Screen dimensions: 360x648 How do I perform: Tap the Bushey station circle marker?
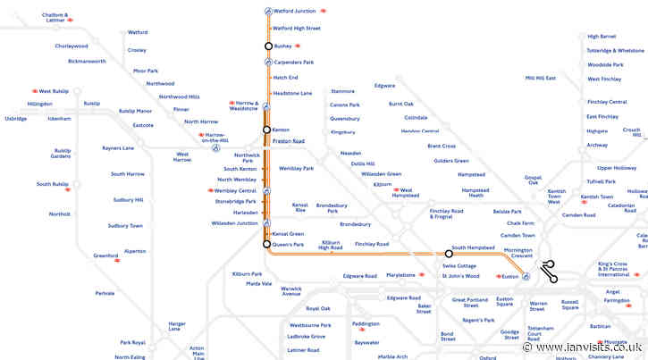point(266,46)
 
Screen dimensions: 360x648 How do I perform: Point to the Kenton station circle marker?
point(266,130)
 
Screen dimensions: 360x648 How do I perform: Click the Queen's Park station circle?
point(266,244)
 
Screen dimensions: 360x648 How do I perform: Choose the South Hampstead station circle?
point(449,254)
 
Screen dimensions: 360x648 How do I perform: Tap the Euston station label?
point(510,277)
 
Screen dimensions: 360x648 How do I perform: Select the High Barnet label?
point(602,37)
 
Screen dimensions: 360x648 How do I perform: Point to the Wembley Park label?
point(297,168)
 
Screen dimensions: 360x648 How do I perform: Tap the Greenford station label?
point(105,255)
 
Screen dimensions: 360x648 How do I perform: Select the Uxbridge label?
point(15,119)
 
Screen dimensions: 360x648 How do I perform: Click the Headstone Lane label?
point(292,93)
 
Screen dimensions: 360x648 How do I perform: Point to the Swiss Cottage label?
point(459,266)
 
